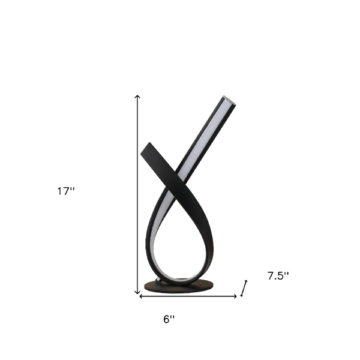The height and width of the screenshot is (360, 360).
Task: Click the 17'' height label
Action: tap(66, 191)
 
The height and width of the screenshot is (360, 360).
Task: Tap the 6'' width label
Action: tap(169, 319)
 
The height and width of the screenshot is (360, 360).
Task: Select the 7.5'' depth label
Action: tap(278, 276)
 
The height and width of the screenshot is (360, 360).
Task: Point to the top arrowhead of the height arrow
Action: tap(137, 97)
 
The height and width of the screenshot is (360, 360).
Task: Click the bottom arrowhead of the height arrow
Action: tap(137, 292)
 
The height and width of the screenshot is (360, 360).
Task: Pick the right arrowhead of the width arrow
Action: tap(235, 296)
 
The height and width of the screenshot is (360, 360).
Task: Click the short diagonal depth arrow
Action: tap(244, 288)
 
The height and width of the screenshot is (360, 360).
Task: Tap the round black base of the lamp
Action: tap(179, 286)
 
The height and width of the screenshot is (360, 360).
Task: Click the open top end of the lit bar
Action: tap(230, 100)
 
